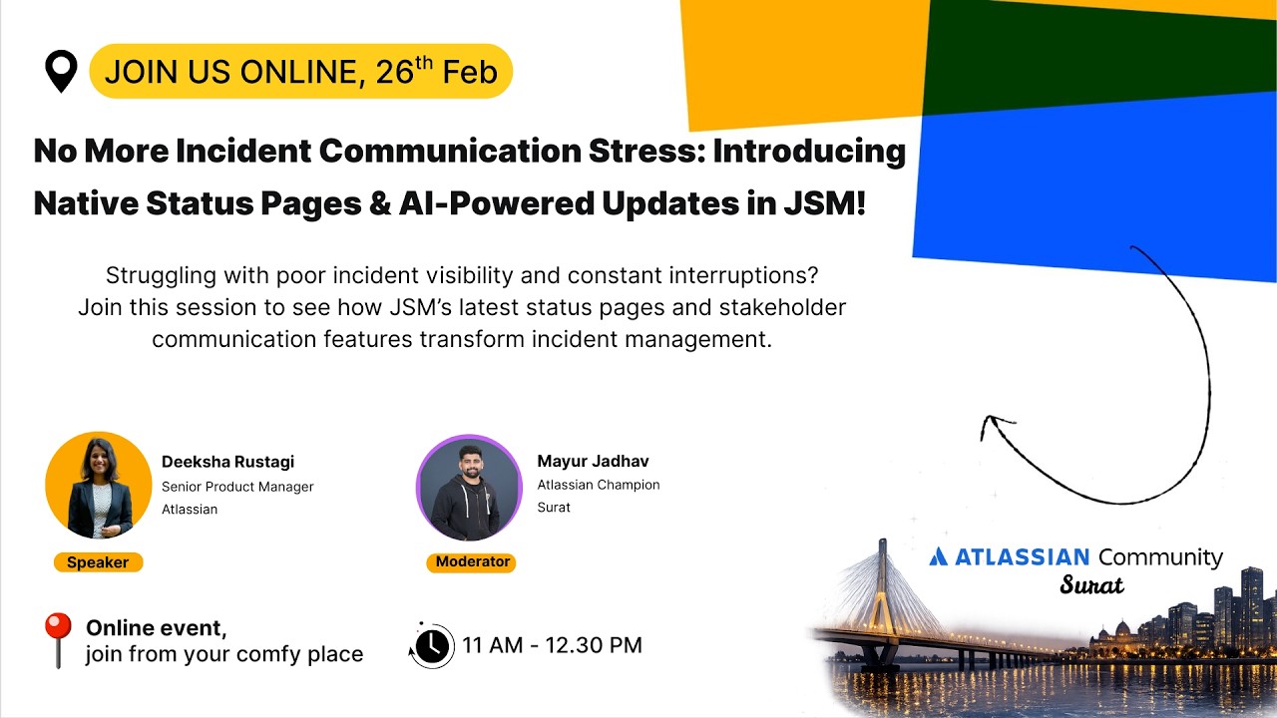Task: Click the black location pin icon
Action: [x=62, y=71]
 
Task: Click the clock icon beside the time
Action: [x=432, y=645]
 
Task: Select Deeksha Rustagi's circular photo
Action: [x=98, y=486]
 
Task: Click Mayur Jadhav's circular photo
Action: [x=469, y=488]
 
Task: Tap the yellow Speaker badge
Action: [x=98, y=562]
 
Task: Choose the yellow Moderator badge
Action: [x=472, y=561]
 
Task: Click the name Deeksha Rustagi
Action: [x=227, y=462]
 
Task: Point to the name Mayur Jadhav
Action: [x=593, y=461]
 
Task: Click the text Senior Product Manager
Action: [x=237, y=487]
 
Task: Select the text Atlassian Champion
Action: [x=599, y=485]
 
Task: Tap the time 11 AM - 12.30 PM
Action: [x=552, y=645]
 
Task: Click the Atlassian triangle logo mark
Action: [x=938, y=556]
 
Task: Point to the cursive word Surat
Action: [x=1091, y=585]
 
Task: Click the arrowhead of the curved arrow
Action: [x=991, y=426]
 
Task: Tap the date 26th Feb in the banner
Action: [x=436, y=72]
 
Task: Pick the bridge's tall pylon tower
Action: [x=882, y=588]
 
